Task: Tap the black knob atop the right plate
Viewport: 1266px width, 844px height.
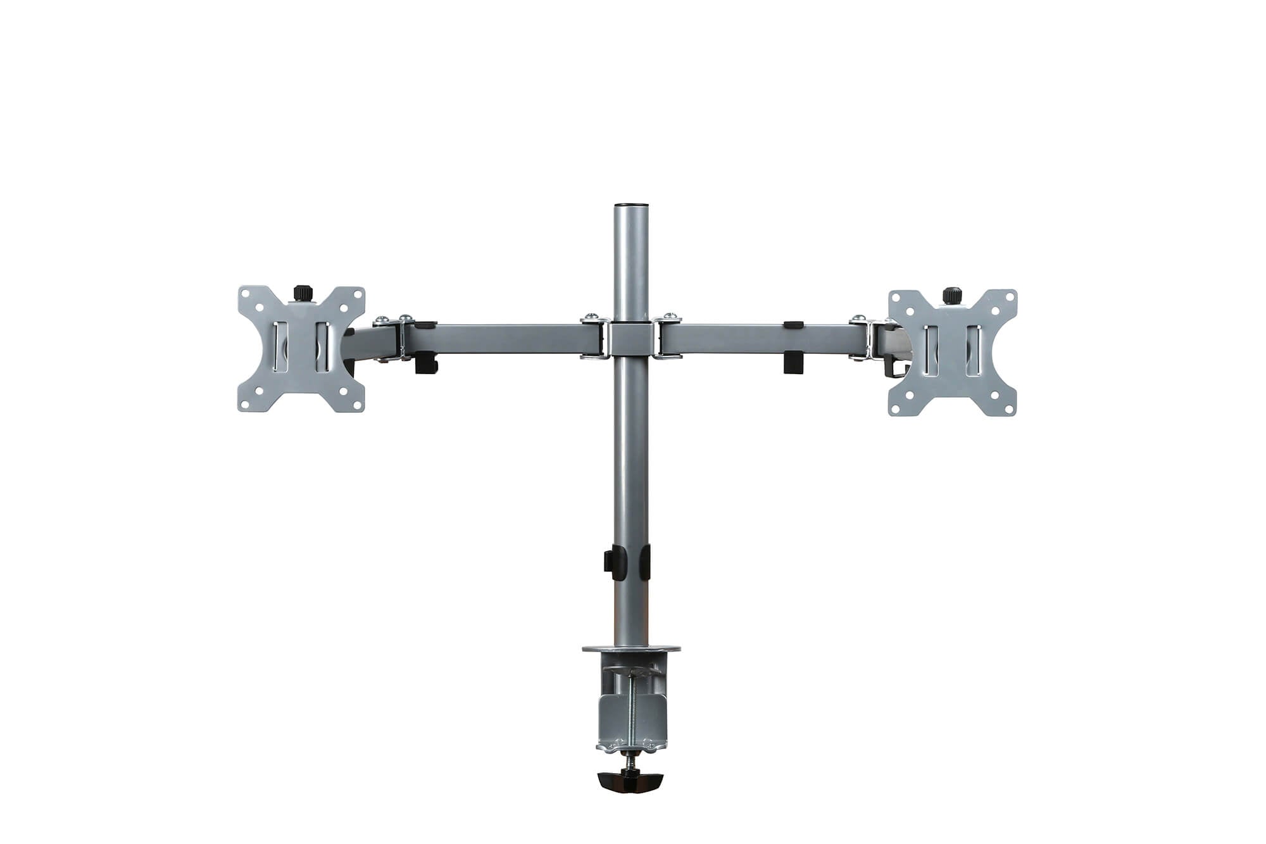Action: pos(950,296)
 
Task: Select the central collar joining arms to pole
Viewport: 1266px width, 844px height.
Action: pos(631,340)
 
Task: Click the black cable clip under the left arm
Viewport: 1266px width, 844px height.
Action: pos(425,365)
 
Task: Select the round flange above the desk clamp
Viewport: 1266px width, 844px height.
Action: pos(631,650)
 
